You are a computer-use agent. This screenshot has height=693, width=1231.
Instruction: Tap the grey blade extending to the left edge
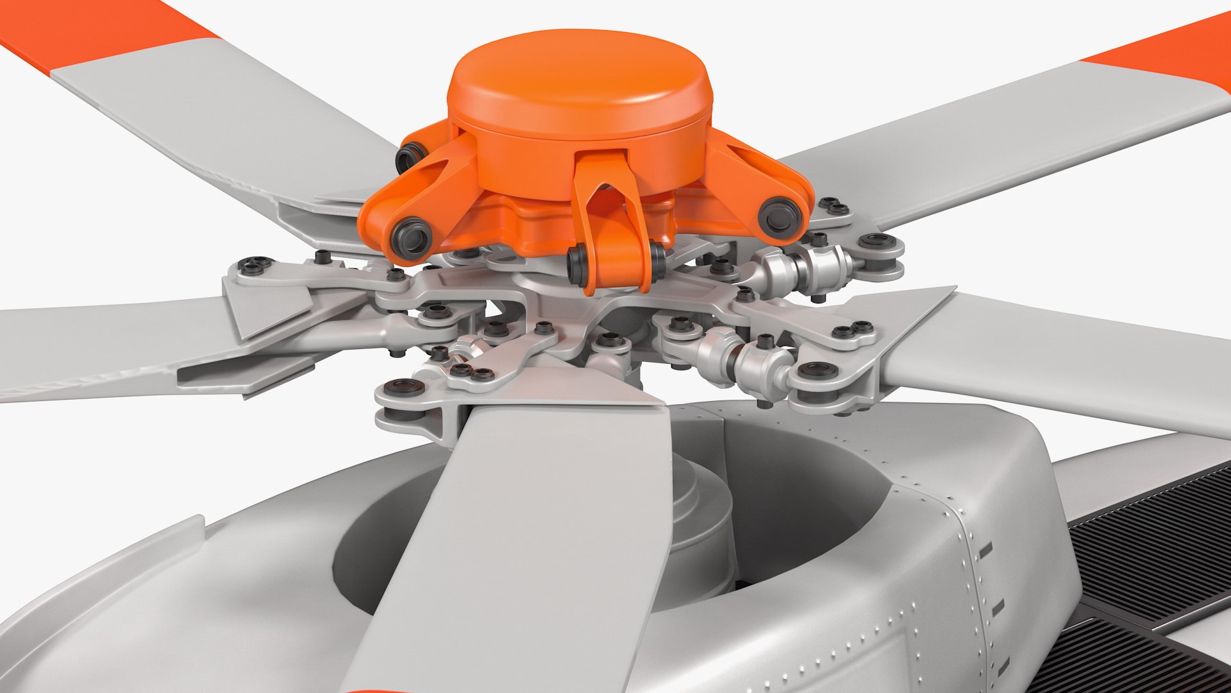(x=96, y=346)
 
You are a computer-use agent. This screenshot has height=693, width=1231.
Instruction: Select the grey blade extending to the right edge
(x=1058, y=372)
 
